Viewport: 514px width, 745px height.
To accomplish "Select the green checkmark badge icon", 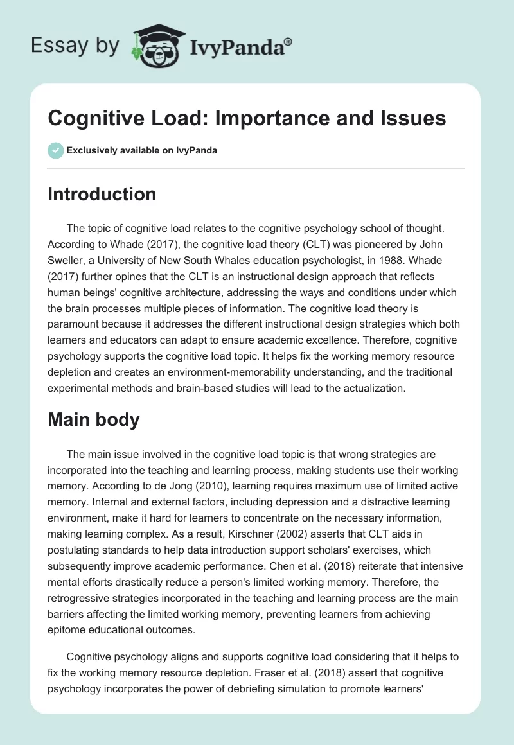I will (55, 150).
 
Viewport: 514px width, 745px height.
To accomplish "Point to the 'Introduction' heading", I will (102, 194).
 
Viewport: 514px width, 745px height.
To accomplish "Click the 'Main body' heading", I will (94, 420).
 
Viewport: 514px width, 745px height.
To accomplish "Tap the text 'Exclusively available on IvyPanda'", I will (142, 150).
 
